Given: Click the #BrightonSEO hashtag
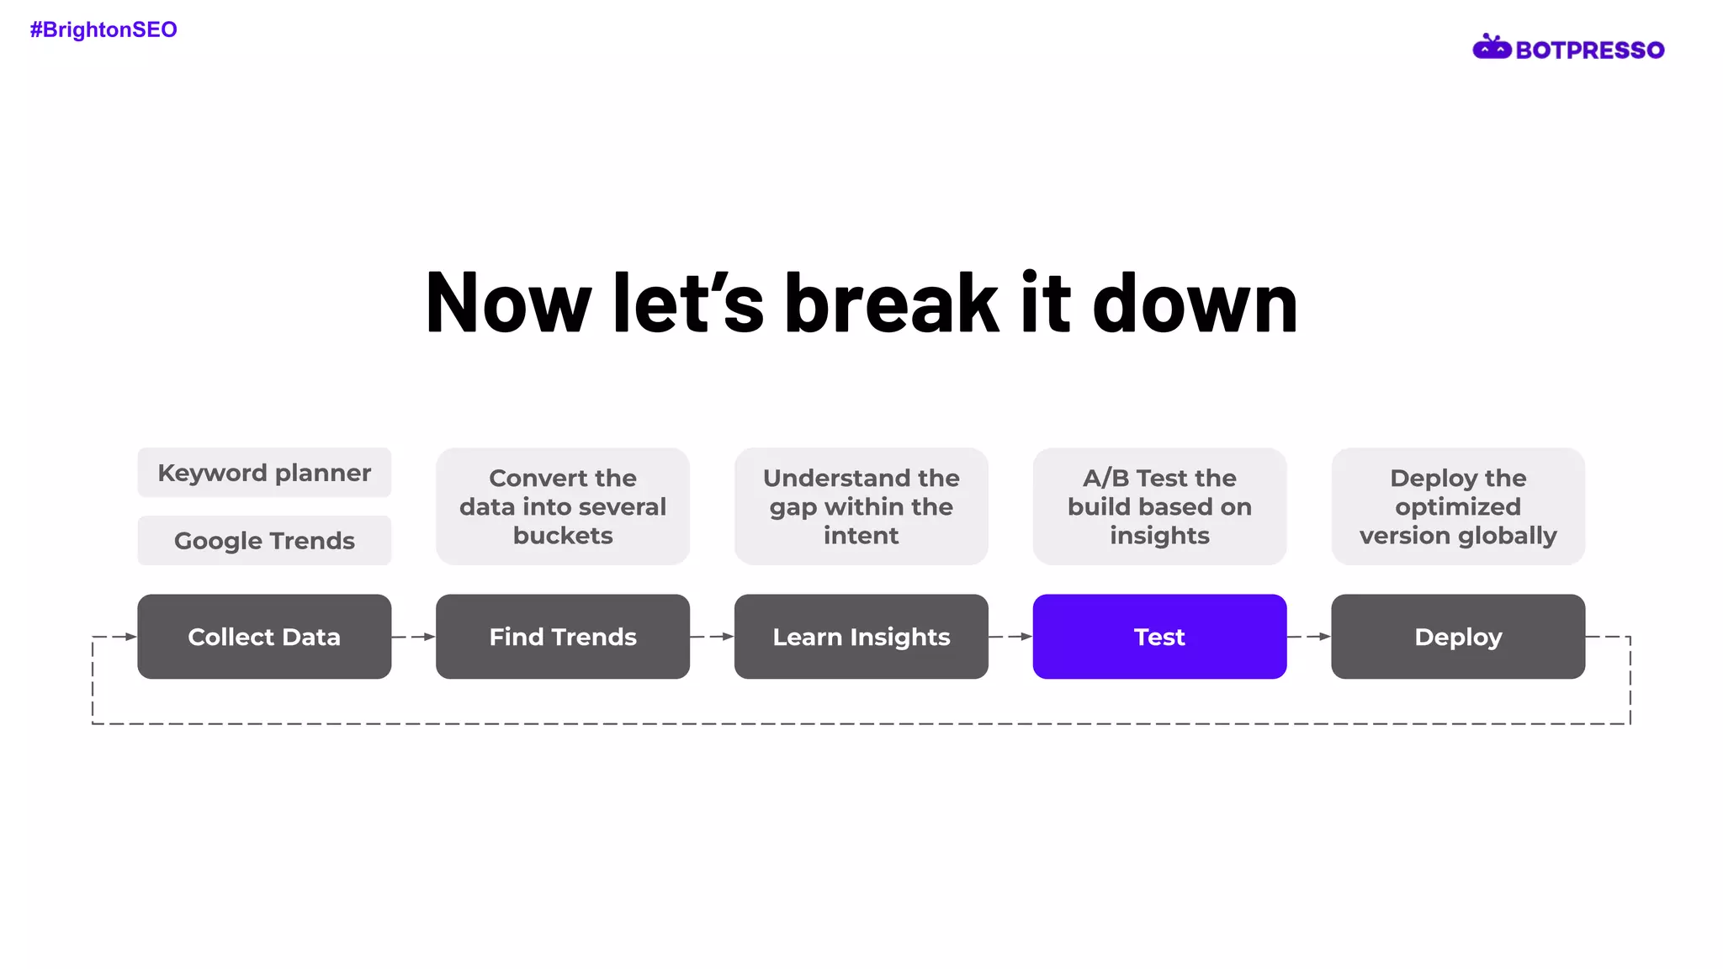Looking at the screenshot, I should pyautogui.click(x=103, y=30).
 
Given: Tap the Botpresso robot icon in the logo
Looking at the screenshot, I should pyautogui.click(x=1491, y=48).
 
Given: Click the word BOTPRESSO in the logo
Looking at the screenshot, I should pyautogui.click(x=1589, y=50).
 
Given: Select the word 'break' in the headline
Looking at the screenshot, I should pyautogui.click(x=891, y=303).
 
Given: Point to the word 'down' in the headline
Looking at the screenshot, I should pyautogui.click(x=1195, y=303).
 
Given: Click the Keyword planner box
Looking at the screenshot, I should pyautogui.click(x=264, y=473).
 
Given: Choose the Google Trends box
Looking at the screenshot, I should pyautogui.click(x=264, y=540).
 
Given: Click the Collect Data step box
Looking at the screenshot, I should pyautogui.click(x=264, y=637).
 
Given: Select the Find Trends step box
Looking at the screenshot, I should pyautogui.click(x=563, y=637).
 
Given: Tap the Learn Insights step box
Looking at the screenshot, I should pyautogui.click(x=861, y=637).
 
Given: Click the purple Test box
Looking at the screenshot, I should pyautogui.click(x=1159, y=637).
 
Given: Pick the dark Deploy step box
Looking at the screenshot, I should pyautogui.click(x=1458, y=637).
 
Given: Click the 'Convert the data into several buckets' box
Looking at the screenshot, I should pyautogui.click(x=563, y=506).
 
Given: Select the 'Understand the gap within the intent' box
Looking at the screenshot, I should pyautogui.click(x=861, y=506).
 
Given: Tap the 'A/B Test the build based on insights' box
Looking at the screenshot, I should pyautogui.click(x=1159, y=506).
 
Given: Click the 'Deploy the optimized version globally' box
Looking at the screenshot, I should pyautogui.click(x=1458, y=506).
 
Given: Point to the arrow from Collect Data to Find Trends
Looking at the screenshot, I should pyautogui.click(x=414, y=637).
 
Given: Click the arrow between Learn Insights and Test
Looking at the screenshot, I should pyautogui.click(x=1010, y=637).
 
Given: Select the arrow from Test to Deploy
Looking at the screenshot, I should pyautogui.click(x=1309, y=637).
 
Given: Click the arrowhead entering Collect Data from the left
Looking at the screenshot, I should pyautogui.click(x=130, y=637).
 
